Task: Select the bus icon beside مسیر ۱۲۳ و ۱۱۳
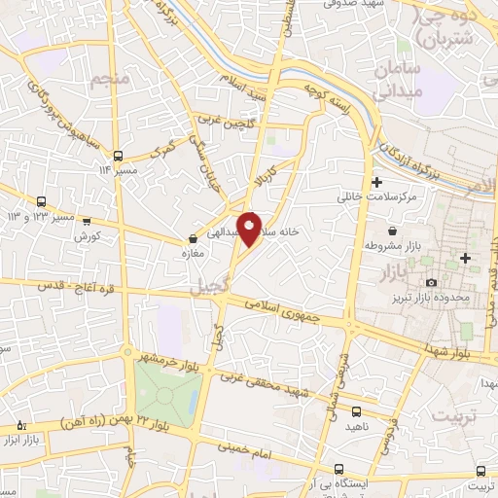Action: coord(87,221)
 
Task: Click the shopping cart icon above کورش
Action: coord(88,221)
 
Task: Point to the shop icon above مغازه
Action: coord(193,238)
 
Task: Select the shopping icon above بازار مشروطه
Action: coord(391,231)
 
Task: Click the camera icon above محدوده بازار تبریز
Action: coord(431,282)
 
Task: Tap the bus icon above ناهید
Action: coord(356,411)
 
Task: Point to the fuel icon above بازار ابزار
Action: coord(22,425)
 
